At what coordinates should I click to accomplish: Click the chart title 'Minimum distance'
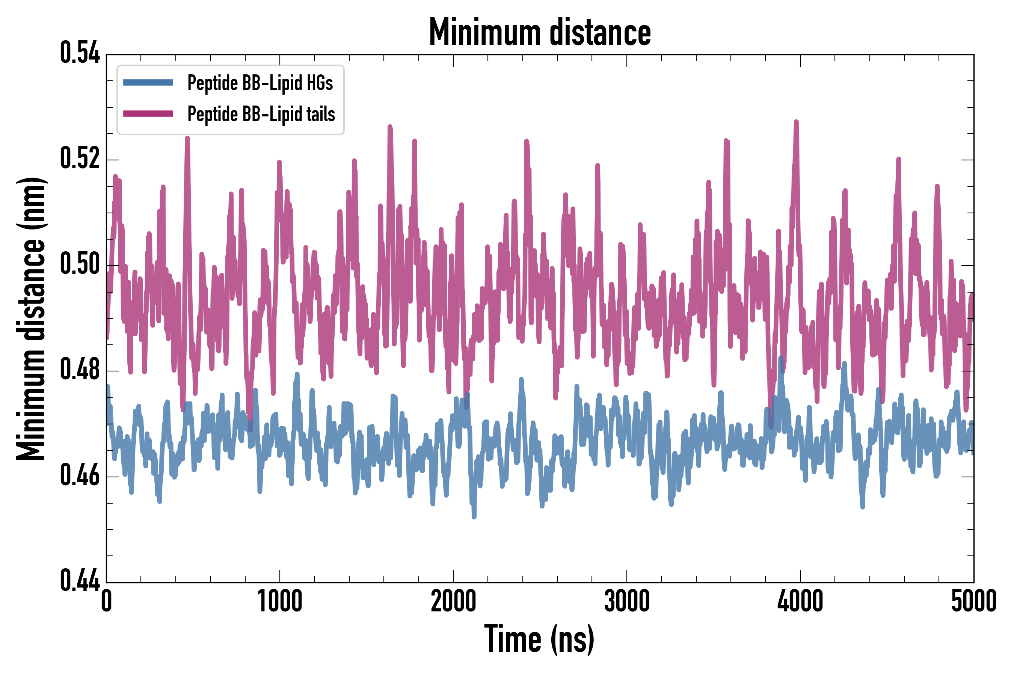click(x=540, y=32)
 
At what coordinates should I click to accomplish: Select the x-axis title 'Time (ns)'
click(x=539, y=639)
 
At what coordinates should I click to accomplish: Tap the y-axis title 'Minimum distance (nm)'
click(x=31, y=318)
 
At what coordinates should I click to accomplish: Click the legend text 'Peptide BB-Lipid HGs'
click(x=260, y=83)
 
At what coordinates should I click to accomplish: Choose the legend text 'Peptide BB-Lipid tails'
click(x=261, y=114)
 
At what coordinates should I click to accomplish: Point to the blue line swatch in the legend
click(x=148, y=83)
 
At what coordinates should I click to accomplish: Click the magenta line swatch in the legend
click(x=148, y=114)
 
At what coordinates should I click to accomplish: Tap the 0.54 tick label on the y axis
click(x=80, y=53)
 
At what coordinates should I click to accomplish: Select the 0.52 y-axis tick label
click(x=80, y=158)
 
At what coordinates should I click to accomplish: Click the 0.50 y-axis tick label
click(x=80, y=264)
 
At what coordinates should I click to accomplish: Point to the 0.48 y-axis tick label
click(x=80, y=370)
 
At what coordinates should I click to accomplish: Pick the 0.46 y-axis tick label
click(x=80, y=475)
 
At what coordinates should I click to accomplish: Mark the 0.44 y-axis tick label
click(x=80, y=581)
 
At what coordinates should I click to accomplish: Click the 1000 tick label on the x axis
click(x=280, y=601)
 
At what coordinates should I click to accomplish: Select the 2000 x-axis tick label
click(x=453, y=601)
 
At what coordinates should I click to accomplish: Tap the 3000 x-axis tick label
click(x=626, y=601)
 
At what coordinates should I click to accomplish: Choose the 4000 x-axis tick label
click(x=800, y=601)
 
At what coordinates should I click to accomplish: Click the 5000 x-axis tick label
click(x=973, y=601)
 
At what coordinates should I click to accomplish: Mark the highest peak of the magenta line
click(x=796, y=122)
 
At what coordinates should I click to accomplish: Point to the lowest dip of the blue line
click(x=474, y=516)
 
